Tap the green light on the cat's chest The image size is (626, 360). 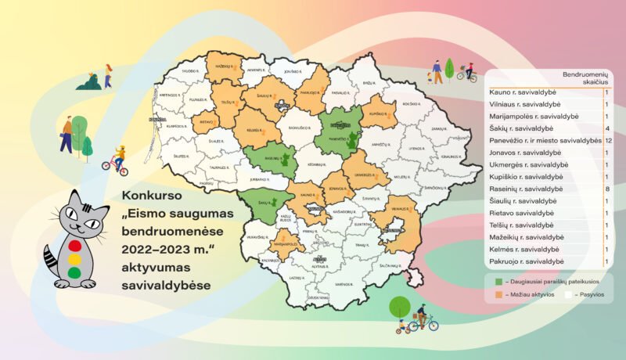75,272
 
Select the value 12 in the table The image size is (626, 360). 607,140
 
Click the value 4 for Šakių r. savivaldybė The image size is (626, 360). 606,128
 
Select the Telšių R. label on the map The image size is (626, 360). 228,103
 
